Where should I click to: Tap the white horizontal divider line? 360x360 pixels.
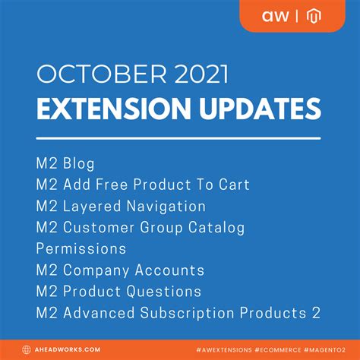pos(179,138)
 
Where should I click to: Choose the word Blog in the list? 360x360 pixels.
pos(78,163)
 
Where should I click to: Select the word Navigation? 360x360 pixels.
pos(163,206)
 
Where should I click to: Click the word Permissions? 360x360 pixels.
pos(81,248)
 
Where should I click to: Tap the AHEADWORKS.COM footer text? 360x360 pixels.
pos(73,349)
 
